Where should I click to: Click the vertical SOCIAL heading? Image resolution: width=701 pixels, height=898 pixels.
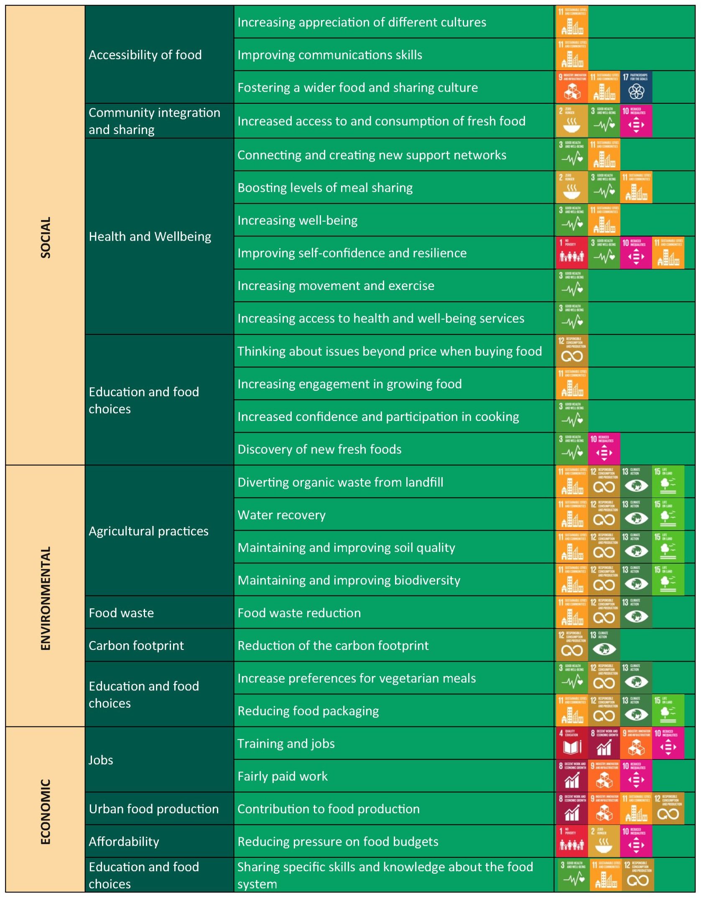pyautogui.click(x=45, y=237)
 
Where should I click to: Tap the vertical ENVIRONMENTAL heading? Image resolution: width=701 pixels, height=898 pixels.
pyautogui.click(x=45, y=598)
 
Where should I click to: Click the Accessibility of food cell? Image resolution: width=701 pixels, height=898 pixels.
pyautogui.click(x=145, y=55)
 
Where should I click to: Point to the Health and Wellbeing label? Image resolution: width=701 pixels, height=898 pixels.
pyautogui.click(x=150, y=236)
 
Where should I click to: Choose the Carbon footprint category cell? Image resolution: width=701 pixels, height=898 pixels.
pyautogui.click(x=136, y=645)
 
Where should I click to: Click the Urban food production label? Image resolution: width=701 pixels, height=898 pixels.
pyautogui.click(x=153, y=808)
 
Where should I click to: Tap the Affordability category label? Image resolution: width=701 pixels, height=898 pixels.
pyautogui.click(x=124, y=841)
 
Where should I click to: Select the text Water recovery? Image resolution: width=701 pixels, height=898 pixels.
pyautogui.click(x=281, y=515)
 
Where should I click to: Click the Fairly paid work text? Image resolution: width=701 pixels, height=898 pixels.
pyautogui.click(x=283, y=776)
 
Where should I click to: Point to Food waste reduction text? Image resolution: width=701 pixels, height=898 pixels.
pyautogui.click(x=299, y=613)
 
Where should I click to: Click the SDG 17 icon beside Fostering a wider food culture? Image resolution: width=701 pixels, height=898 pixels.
pyautogui.click(x=636, y=87)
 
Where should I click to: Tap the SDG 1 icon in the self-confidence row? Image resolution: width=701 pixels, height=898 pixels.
pyautogui.click(x=571, y=253)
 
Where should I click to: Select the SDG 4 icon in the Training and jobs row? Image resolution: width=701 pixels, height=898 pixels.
pyautogui.click(x=571, y=744)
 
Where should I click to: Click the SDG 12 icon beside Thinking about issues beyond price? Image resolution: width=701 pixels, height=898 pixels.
pyautogui.click(x=571, y=351)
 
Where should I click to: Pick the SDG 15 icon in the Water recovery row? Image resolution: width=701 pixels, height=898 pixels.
pyautogui.click(x=668, y=515)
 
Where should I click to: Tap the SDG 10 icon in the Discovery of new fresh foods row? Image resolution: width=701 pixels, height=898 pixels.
pyautogui.click(x=604, y=449)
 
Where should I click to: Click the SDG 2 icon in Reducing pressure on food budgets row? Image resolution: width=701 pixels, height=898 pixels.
pyautogui.click(x=604, y=841)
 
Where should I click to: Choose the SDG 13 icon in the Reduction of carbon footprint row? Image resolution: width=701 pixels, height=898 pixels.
pyautogui.click(x=604, y=645)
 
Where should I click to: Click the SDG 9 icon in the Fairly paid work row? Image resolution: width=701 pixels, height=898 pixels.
pyautogui.click(x=604, y=776)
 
